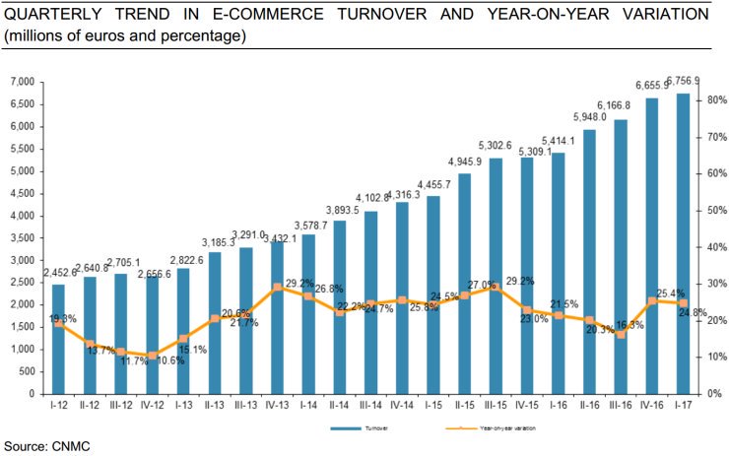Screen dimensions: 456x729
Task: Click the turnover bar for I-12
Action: [x=58, y=339]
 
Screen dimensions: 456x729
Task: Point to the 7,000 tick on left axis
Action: [x=22, y=82]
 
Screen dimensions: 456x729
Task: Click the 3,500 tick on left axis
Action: [x=22, y=238]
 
